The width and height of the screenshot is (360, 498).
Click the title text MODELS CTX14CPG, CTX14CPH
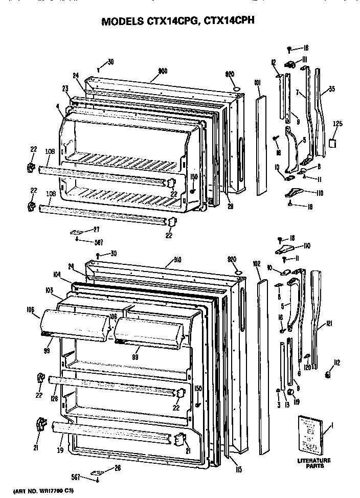click(178, 21)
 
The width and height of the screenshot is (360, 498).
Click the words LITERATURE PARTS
click(313, 463)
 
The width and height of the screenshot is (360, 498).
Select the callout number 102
click(257, 264)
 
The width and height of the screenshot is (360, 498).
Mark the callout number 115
click(238, 468)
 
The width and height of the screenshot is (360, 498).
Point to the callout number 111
click(304, 60)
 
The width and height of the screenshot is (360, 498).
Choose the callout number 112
click(337, 364)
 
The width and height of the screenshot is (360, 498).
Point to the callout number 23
click(65, 88)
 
